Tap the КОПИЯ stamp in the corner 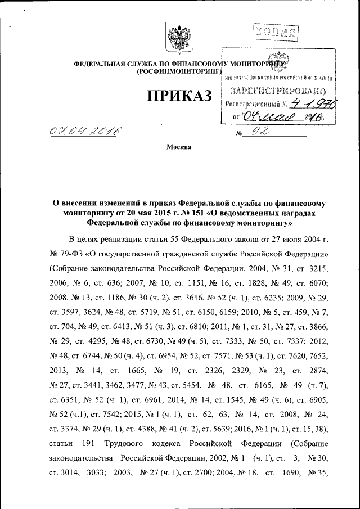click(x=275, y=31)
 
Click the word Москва click(x=179, y=147)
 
